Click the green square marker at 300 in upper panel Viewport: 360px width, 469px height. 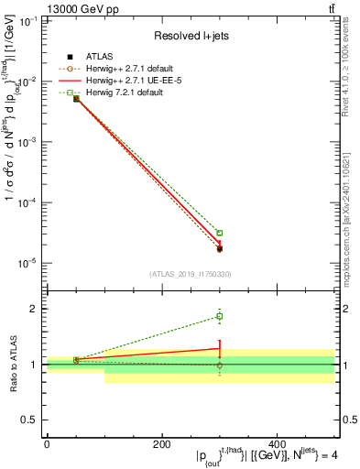pyautogui.click(x=220, y=233)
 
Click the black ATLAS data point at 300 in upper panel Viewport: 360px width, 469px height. pyautogui.click(x=220, y=248)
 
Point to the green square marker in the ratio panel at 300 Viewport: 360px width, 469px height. pyautogui.click(x=220, y=316)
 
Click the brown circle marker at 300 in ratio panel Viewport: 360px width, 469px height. pyautogui.click(x=220, y=365)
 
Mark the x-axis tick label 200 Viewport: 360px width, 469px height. pyautogui.click(x=161, y=444)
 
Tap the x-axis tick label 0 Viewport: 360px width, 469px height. pyautogui.click(x=47, y=444)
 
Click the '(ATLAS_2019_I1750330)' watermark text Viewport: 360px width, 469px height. pyautogui.click(x=190, y=273)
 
